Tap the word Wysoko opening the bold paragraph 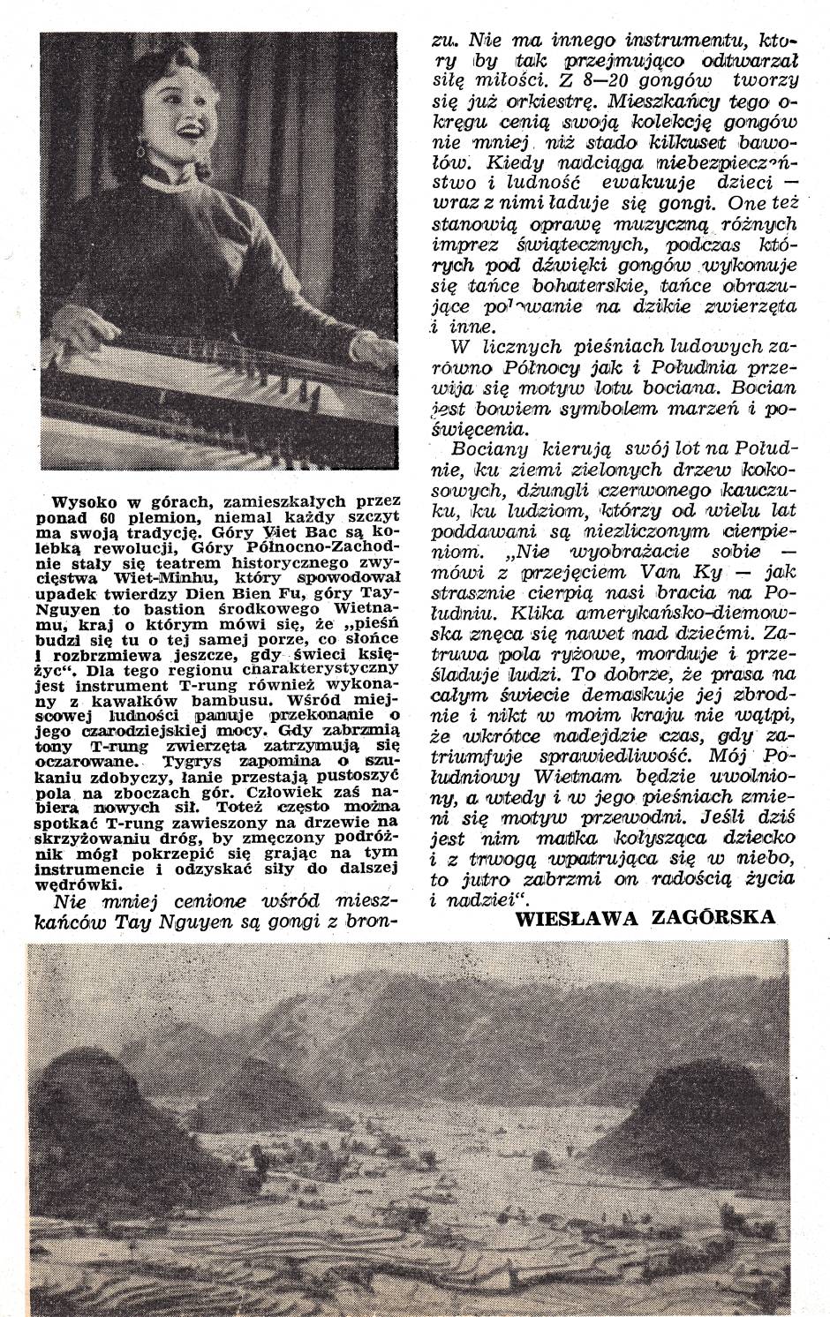pos(78,500)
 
